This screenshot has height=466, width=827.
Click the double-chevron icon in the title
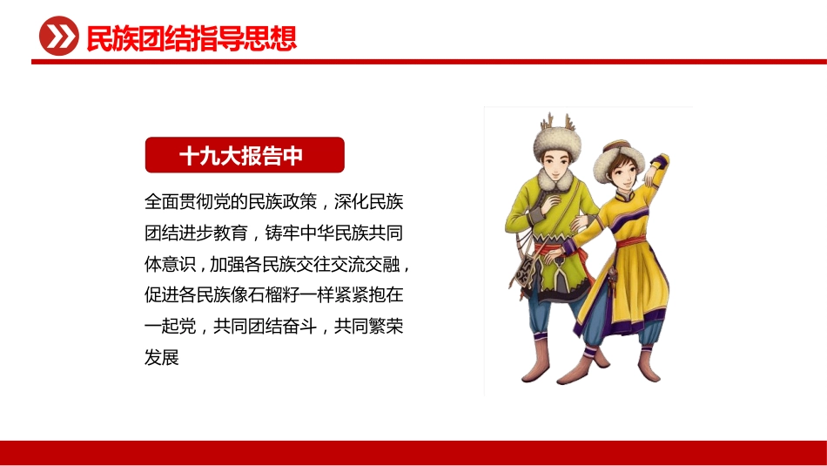pyautogui.click(x=59, y=38)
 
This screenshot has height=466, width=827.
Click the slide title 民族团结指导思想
pyautogui.click(x=192, y=38)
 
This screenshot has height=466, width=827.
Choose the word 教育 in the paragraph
pyautogui.click(x=229, y=233)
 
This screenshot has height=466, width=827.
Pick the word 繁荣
pyautogui.click(x=384, y=326)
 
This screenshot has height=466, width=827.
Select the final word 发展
pyautogui.click(x=162, y=356)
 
